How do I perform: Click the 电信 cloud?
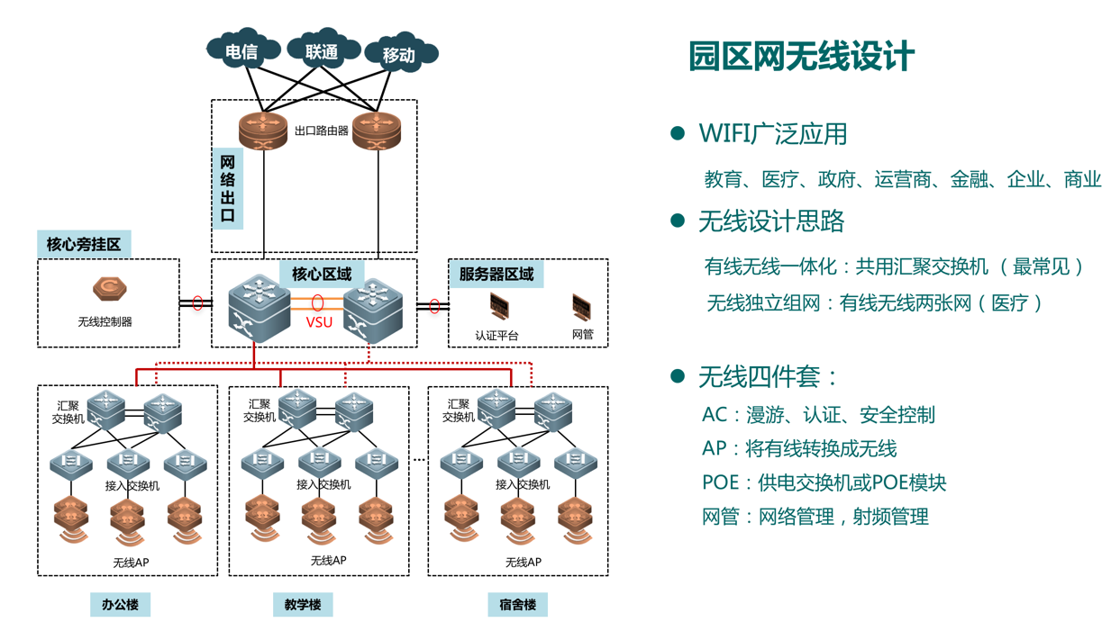click(x=241, y=51)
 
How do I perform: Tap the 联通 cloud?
click(x=321, y=51)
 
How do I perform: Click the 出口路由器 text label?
click(x=321, y=131)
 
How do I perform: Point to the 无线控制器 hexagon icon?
click(x=110, y=289)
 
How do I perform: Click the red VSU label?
click(x=319, y=322)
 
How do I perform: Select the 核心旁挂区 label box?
click(x=84, y=244)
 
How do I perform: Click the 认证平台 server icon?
click(x=498, y=307)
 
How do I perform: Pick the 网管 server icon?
click(x=582, y=307)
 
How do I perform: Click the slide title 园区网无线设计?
click(x=801, y=56)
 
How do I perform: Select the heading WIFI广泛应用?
click(x=772, y=134)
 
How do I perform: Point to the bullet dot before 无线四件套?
click(x=678, y=375)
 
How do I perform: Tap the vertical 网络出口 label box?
click(x=227, y=188)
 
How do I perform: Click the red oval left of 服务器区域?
click(x=433, y=306)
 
